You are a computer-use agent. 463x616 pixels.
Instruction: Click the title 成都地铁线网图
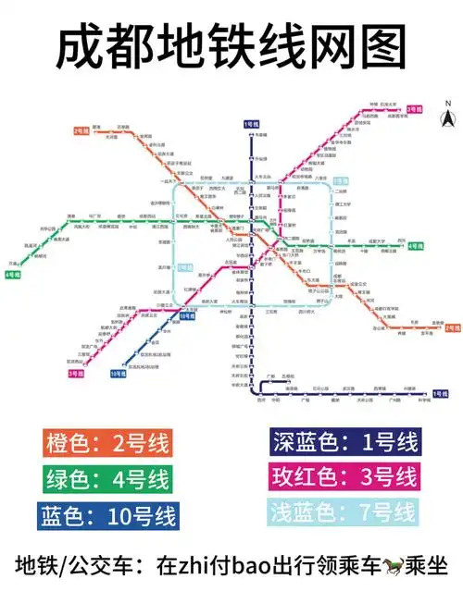(x=231, y=47)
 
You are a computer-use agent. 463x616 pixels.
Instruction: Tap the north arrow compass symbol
(x=445, y=117)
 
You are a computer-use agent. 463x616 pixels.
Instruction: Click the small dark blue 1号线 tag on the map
(x=251, y=123)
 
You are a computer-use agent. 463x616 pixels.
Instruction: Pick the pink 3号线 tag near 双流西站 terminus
(x=76, y=373)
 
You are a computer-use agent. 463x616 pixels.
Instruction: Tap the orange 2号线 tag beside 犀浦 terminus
(x=80, y=130)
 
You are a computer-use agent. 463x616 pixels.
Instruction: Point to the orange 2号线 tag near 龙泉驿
(x=453, y=328)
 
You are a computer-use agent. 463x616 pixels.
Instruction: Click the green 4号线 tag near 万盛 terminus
(x=13, y=275)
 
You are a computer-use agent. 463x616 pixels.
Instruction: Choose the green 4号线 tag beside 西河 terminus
(x=414, y=246)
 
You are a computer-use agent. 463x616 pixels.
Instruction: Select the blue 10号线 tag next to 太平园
(x=186, y=315)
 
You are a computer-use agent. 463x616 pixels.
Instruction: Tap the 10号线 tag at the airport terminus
(x=118, y=374)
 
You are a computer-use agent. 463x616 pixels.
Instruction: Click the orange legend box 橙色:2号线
(x=106, y=444)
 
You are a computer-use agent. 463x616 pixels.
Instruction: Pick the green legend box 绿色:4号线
(x=106, y=479)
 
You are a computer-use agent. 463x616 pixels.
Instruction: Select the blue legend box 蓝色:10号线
(x=106, y=514)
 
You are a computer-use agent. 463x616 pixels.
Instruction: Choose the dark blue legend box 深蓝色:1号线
(x=344, y=444)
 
